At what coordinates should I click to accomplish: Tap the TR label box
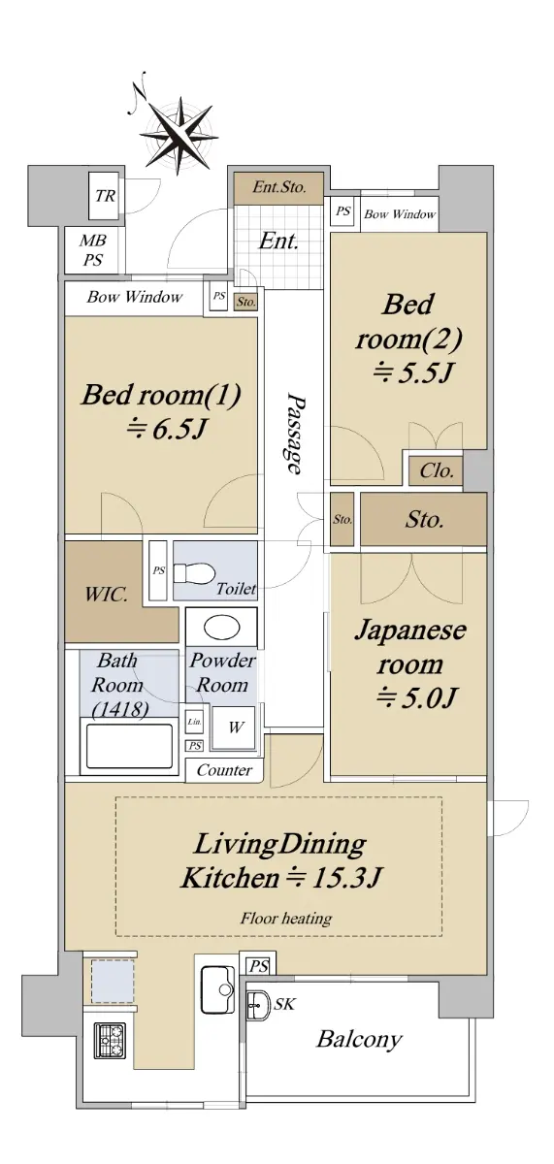coord(106,196)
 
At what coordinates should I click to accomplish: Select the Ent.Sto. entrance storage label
coord(278,187)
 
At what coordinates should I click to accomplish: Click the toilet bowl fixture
coord(194,574)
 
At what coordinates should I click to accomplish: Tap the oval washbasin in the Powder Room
coord(222,628)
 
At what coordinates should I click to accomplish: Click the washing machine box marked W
coord(234,727)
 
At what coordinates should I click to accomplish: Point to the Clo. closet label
coord(436,470)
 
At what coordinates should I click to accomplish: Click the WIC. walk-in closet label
coord(107,594)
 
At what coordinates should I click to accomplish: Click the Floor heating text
coord(286,920)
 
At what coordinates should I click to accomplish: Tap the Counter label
coord(224,770)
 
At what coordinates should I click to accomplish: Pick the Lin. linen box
coord(194,722)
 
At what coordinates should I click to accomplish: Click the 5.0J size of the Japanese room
coord(416,698)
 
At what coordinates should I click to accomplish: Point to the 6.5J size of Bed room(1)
coord(167,429)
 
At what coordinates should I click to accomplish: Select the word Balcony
coord(360,1039)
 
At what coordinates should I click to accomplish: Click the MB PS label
coord(93,250)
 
